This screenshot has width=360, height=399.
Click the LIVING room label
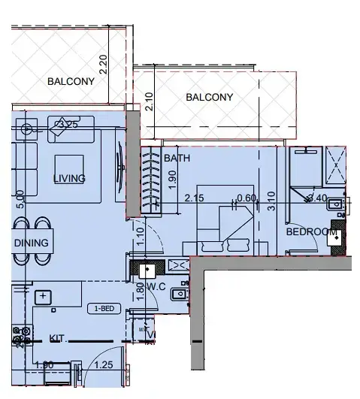(x=69, y=178)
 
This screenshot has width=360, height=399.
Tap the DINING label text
(x=31, y=243)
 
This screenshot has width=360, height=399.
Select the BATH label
(x=177, y=159)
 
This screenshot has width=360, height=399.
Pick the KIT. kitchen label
(x=59, y=339)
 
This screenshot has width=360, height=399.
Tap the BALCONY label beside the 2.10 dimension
(x=210, y=97)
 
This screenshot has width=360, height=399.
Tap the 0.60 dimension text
(x=247, y=198)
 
